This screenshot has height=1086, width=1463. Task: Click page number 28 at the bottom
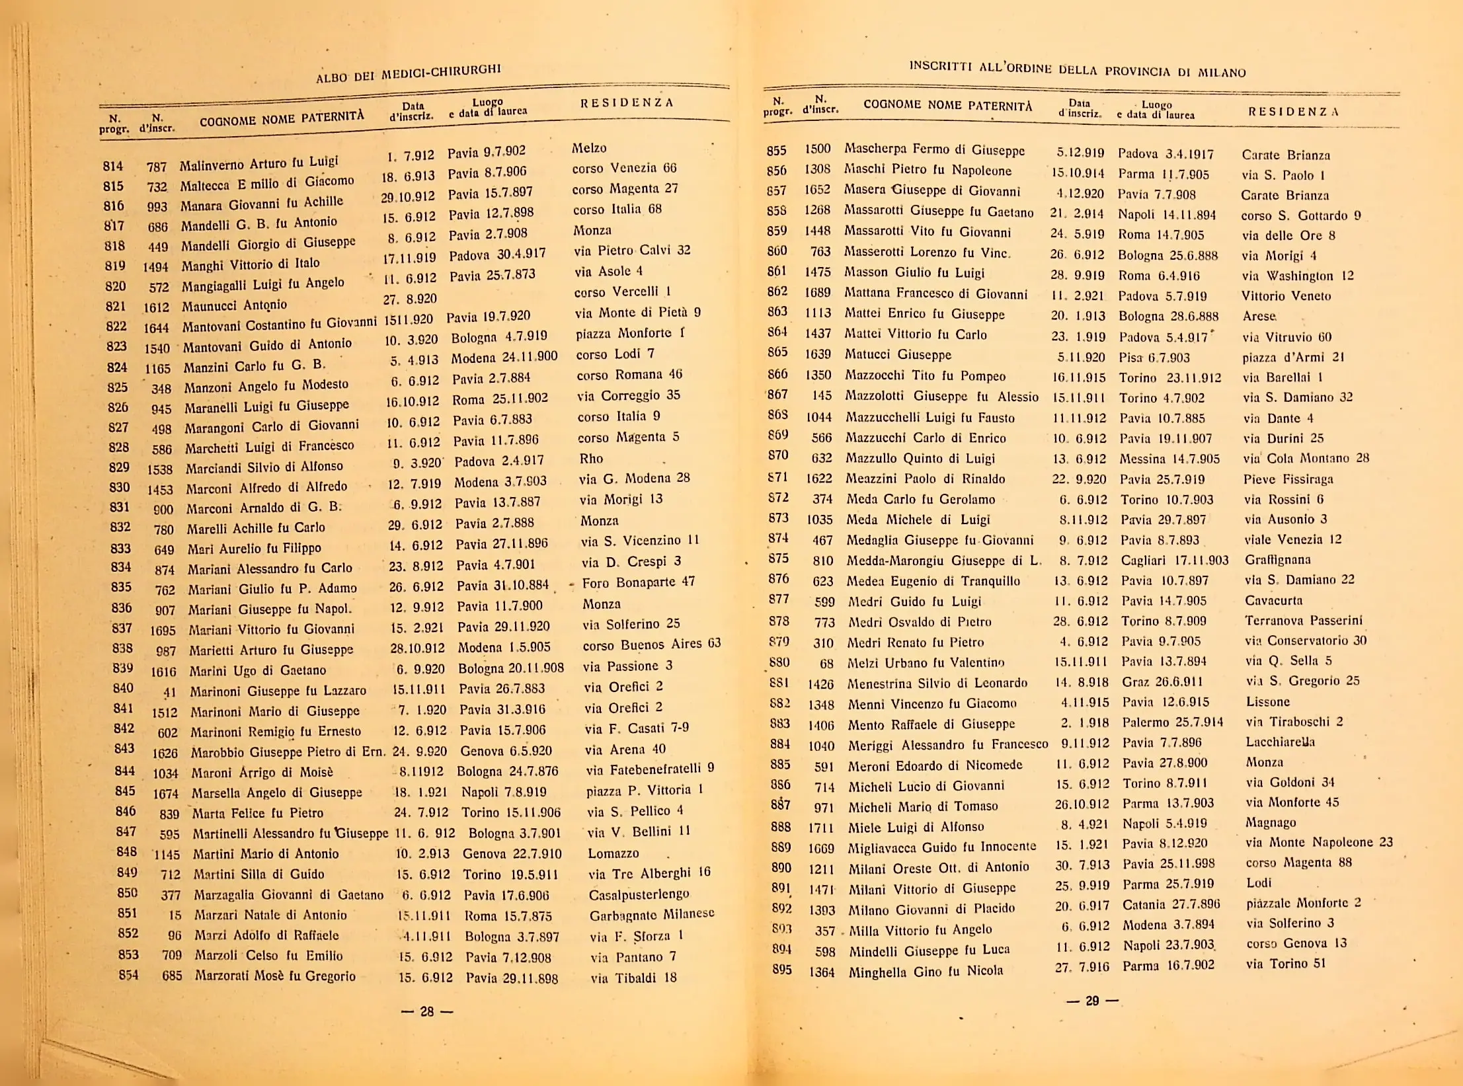click(x=427, y=1011)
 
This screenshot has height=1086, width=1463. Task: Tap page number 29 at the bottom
click(x=1092, y=1001)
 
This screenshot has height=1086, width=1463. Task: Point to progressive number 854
click(x=128, y=974)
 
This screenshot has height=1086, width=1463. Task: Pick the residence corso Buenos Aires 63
click(x=651, y=644)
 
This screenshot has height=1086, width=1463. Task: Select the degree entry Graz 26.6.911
click(x=1162, y=681)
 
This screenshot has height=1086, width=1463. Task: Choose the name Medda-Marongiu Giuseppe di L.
click(x=943, y=561)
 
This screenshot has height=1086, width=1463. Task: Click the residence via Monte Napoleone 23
click(x=1319, y=842)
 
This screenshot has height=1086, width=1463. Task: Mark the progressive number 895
click(x=781, y=970)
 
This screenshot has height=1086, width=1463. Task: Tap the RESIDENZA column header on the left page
click(x=626, y=102)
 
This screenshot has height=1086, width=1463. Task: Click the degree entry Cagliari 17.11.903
click(x=1174, y=561)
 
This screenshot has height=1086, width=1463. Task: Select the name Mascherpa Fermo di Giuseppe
click(x=934, y=150)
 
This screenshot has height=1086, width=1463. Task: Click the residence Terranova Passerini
click(x=1303, y=620)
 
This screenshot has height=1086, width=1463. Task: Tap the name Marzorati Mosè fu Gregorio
click(x=275, y=976)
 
